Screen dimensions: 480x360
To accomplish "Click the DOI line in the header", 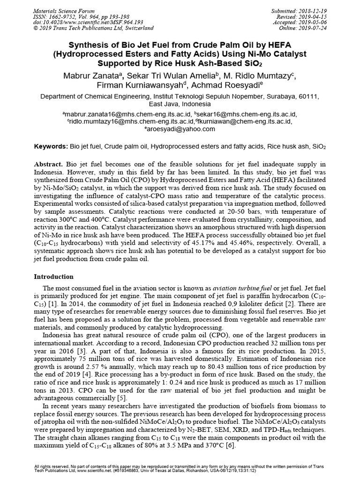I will point(80,22).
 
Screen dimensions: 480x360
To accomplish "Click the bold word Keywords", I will point(52,147).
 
